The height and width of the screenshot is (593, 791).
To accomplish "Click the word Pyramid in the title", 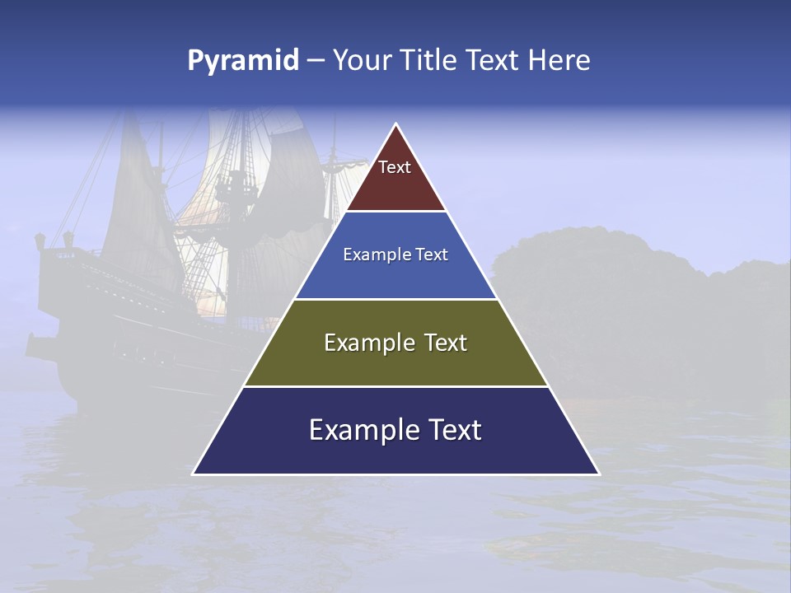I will click(x=242, y=61).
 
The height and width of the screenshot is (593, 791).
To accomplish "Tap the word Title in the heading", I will click(x=431, y=61).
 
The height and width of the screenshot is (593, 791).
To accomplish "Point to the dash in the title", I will click(x=315, y=61).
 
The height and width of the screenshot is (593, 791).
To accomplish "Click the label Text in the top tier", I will click(x=395, y=167).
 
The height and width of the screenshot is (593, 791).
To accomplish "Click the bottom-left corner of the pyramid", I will click(x=194, y=474).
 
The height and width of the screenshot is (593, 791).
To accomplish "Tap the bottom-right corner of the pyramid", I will click(x=599, y=474).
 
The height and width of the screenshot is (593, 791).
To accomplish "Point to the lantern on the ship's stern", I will click(x=39, y=242).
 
